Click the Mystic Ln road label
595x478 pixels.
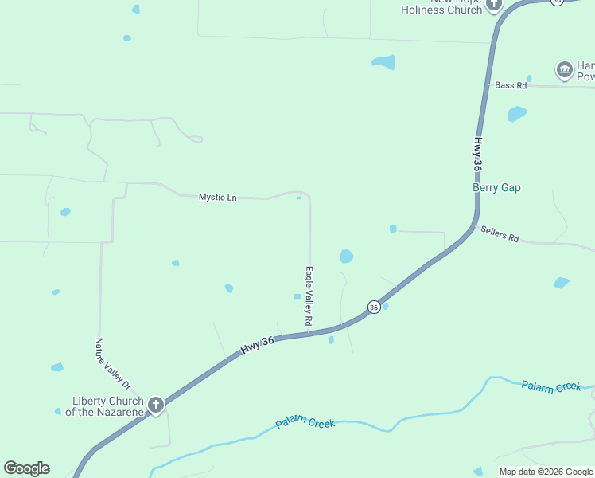click(217, 197)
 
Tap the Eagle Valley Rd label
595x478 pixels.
click(309, 296)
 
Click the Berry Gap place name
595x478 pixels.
click(496, 187)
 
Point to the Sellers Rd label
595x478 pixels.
click(500, 233)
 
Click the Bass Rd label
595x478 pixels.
click(511, 85)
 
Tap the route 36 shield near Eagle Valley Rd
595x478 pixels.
click(373, 307)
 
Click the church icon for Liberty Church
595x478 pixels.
click(155, 406)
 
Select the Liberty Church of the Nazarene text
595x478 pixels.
click(107, 406)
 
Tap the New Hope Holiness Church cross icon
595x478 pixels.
click(494, 6)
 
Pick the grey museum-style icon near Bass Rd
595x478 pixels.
click(565, 70)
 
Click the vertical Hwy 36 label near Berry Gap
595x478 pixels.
click(477, 155)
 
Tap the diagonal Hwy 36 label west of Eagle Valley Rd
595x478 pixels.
click(257, 346)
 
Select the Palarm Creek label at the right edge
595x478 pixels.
click(552, 386)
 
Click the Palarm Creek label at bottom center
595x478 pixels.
click(305, 422)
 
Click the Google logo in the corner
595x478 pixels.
click(26, 468)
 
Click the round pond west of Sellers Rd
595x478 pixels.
click(346, 256)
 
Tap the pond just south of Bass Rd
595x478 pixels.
click(517, 113)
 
